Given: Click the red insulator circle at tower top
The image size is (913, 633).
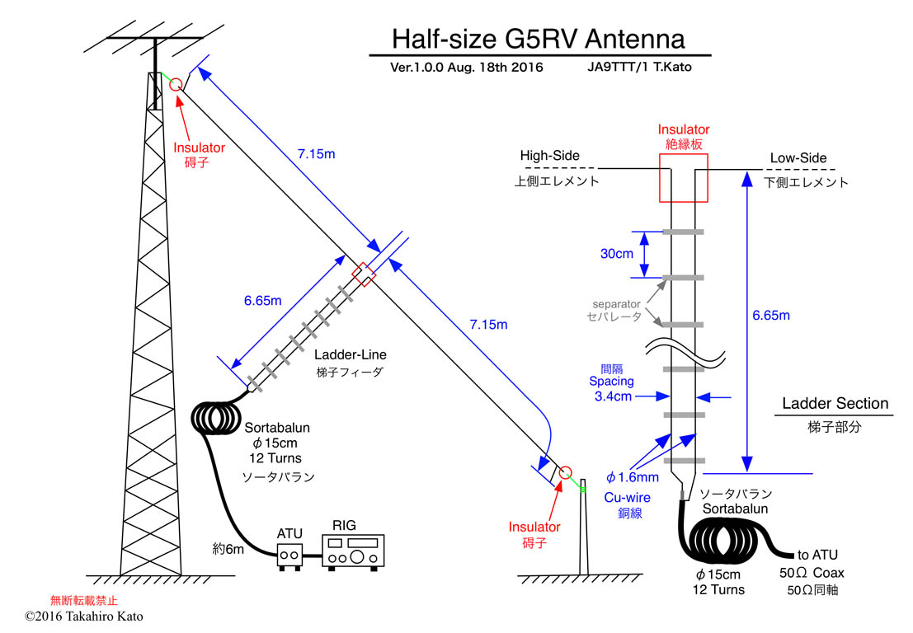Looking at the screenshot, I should pos(176,85).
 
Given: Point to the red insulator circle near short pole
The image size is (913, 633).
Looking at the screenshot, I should pos(565,473).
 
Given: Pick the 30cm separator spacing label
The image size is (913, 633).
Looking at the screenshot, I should pos(617,255).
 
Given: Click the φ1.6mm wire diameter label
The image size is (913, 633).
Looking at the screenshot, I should pos(632,477).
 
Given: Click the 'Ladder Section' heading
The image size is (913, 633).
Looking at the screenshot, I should pos(835,404).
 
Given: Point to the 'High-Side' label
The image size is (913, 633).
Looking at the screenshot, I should pos(549,156).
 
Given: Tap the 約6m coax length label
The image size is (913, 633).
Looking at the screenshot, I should pos(228,549).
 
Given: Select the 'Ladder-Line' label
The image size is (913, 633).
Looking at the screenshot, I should pos(351,355).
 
